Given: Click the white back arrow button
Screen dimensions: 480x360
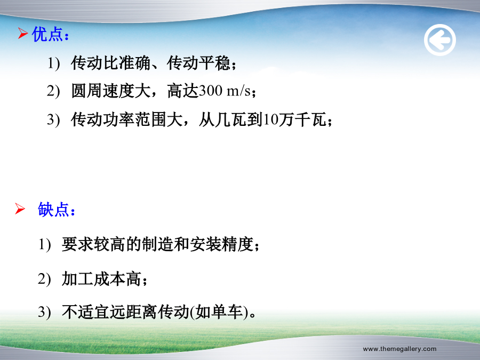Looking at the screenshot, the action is [440, 40].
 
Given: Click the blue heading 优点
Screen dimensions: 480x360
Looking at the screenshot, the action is [47, 34].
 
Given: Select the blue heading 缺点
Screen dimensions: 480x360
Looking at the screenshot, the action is [53, 210].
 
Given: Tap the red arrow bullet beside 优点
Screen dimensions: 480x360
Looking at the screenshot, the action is [22, 33].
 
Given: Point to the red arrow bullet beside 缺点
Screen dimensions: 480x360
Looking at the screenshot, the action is [20, 209].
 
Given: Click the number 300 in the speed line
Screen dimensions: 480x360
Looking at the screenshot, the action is [211, 91].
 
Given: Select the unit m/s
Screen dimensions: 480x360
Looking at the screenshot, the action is [238, 91].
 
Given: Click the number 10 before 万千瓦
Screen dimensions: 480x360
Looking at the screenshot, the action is [270, 119].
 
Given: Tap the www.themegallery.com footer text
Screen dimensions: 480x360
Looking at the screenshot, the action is [399, 349].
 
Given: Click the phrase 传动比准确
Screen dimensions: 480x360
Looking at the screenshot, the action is [111, 63].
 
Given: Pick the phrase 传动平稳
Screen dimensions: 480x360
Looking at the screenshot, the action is [198, 63].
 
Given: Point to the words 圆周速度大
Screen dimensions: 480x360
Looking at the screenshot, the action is [111, 91].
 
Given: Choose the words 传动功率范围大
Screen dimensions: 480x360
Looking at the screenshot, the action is [127, 119].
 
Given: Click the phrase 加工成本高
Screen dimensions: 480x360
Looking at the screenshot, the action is [101, 279].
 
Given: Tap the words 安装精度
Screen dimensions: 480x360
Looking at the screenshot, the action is [222, 244].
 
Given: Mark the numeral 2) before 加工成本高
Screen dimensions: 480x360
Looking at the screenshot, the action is [44, 279].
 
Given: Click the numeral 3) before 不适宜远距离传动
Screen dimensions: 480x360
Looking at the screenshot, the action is [44, 312].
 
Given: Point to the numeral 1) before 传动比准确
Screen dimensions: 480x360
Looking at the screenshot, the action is [53, 63].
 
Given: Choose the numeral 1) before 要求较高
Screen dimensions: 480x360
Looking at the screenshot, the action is [44, 245].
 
